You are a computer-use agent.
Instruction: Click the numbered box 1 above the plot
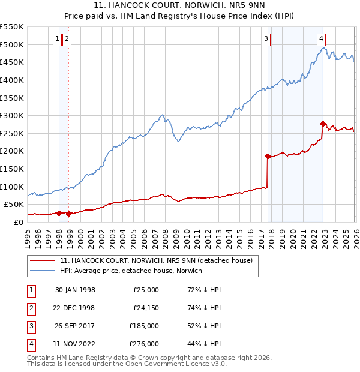[58, 39]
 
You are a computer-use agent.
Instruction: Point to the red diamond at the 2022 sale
[323, 124]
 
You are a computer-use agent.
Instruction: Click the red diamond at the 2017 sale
[268, 156]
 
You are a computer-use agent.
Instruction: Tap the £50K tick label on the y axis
[14, 204]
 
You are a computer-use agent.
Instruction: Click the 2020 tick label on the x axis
[292, 235]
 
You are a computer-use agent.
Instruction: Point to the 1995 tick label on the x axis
[27, 235]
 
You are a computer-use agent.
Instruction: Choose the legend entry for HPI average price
[130, 271]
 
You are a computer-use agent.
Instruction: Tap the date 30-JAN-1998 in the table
[75, 290]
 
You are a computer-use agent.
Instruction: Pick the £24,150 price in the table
[146, 308]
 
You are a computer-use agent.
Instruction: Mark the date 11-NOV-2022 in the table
[75, 344]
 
